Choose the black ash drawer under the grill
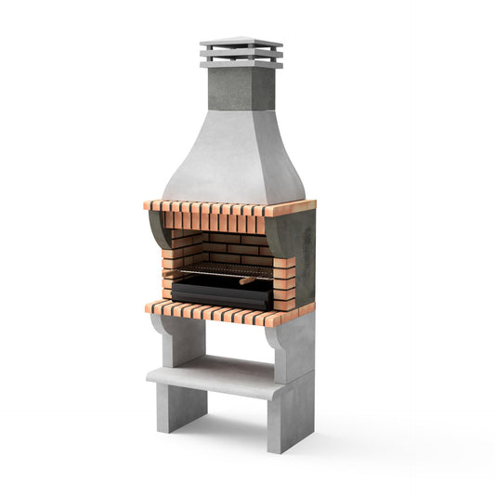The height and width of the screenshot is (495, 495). point(221,294)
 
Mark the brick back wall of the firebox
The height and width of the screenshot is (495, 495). point(228,246)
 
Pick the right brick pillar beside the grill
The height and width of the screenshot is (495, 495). point(283,279)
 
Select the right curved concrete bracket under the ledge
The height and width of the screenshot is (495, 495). point(278,344)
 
